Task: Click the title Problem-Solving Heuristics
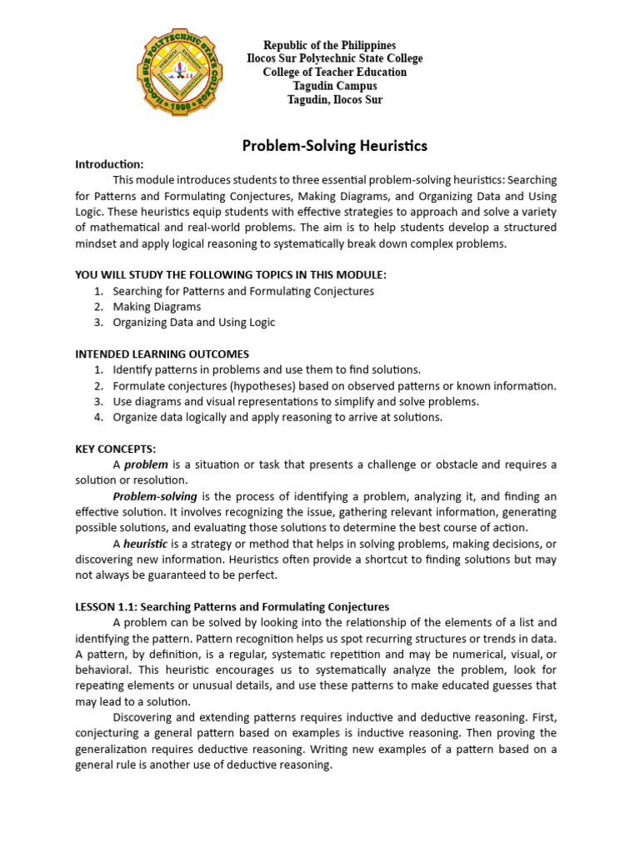(334, 146)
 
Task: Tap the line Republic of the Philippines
(330, 45)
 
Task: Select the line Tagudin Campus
(334, 86)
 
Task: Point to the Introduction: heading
(109, 164)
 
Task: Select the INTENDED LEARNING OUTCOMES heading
(162, 354)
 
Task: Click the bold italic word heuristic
(146, 544)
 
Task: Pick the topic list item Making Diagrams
(157, 307)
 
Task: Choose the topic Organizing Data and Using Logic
(193, 322)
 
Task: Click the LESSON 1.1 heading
(232, 606)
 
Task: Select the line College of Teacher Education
(334, 72)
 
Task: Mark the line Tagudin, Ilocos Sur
(334, 99)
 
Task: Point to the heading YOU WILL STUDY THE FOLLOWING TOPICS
(231, 275)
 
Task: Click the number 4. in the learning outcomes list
(97, 417)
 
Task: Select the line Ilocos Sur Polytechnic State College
(334, 58)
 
